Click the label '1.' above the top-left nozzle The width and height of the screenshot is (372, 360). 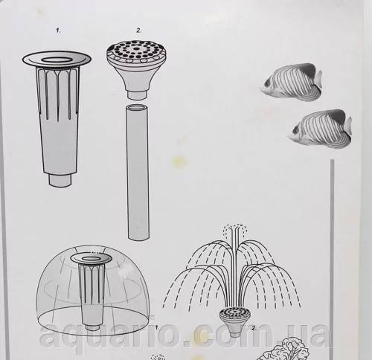58,30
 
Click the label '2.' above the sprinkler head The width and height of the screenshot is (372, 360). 139,30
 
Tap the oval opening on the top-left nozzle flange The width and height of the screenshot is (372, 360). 57,60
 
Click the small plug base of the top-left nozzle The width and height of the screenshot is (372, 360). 60,180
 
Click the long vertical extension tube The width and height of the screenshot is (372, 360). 138,173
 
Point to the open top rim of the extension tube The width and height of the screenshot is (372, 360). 137,108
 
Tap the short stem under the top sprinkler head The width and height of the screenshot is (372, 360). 137,95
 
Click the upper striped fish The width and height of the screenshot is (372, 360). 292,83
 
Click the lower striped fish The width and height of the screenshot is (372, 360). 320,129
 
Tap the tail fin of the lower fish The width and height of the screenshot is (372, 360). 348,126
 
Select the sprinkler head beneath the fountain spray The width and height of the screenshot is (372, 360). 234,321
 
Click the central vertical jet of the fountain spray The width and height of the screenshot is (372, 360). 234,266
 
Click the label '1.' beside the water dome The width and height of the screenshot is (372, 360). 157,328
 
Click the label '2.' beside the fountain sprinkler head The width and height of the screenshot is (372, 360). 254,328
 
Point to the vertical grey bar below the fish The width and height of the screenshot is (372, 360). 332,258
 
